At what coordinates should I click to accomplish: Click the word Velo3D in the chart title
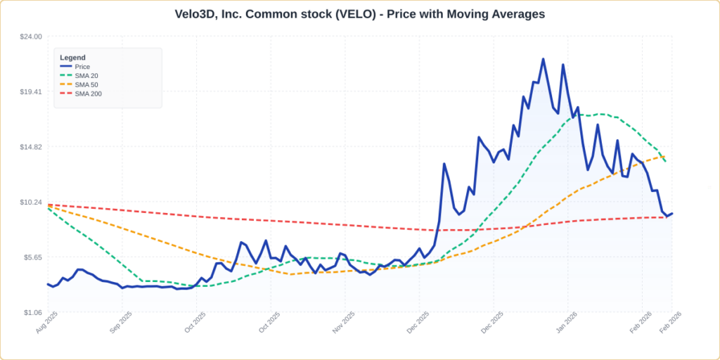(x=198, y=14)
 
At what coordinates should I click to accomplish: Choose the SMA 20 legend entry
(x=86, y=76)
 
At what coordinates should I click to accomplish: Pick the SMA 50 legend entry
(x=86, y=85)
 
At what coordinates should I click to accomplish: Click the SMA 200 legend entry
(x=88, y=94)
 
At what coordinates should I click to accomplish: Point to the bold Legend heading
(x=72, y=58)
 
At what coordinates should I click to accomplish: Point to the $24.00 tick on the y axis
(x=31, y=37)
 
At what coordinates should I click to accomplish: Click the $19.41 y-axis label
(x=31, y=91)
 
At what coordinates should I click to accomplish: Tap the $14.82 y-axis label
(x=31, y=147)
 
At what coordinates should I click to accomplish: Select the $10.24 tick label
(x=31, y=202)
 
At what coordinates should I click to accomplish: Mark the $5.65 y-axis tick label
(x=32, y=257)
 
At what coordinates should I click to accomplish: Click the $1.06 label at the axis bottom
(x=32, y=313)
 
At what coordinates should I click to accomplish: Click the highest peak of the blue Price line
(x=543, y=59)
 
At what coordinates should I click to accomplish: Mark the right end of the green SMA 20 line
(x=665, y=162)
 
